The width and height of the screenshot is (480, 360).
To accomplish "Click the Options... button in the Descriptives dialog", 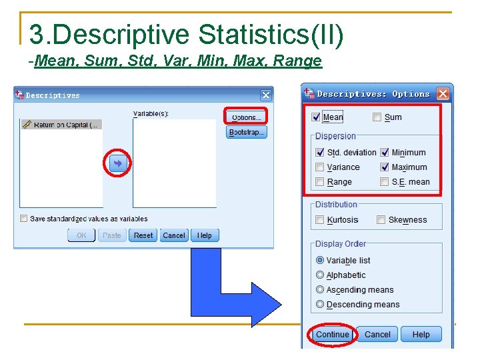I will point(245,117).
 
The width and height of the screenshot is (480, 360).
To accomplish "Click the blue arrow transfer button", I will point(118,163).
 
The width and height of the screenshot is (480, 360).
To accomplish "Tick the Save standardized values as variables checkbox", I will point(24,219).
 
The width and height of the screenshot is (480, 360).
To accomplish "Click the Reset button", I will point(143,235).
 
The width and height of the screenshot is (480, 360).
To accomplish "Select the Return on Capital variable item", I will point(61,125).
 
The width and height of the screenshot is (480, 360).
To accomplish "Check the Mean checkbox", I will point(316,117).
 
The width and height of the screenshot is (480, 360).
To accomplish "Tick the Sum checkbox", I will point(377,117).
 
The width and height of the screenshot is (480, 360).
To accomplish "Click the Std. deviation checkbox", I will point(320,153).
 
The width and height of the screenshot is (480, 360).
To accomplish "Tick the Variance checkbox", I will point(320,167).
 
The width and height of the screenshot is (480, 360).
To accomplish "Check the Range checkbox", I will point(320,182).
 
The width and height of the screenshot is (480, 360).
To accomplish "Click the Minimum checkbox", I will point(385,153).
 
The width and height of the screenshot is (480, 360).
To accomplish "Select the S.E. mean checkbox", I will point(385,182).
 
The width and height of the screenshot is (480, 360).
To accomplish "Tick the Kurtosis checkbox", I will point(320,220).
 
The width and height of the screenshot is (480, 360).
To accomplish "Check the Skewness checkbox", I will point(381,220).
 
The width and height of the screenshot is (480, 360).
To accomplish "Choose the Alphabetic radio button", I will point(320,275).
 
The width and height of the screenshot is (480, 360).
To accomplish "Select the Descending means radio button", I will point(320,304).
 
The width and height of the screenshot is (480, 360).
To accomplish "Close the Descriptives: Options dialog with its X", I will point(443,94).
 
